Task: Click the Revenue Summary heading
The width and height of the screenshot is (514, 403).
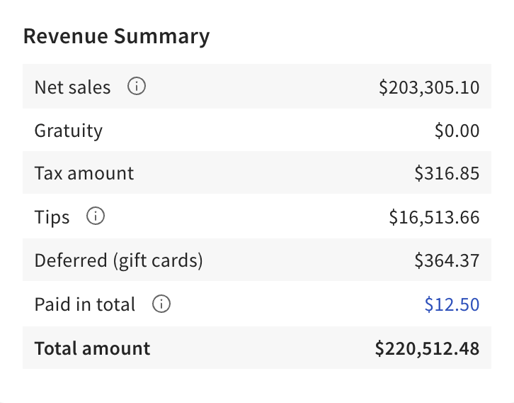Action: click(116, 36)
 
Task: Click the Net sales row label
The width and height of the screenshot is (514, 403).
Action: click(72, 87)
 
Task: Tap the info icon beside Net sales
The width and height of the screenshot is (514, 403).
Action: click(137, 87)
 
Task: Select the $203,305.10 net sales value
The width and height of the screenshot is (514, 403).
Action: click(429, 87)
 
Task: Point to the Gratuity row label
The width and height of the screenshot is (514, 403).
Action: click(68, 131)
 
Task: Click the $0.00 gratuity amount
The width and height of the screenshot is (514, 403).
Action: click(457, 131)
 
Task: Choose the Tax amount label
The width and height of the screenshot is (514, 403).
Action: click(84, 173)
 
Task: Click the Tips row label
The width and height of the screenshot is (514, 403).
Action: click(52, 217)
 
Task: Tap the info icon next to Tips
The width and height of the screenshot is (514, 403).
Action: click(95, 216)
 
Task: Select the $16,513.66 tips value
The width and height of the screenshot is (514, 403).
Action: click(434, 217)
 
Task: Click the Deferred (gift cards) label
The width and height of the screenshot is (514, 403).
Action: click(118, 260)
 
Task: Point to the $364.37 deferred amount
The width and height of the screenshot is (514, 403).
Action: click(447, 260)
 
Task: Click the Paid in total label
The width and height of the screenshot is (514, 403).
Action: click(84, 304)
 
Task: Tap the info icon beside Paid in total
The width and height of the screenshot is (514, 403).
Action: click(161, 304)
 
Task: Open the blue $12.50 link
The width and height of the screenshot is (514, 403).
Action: click(452, 304)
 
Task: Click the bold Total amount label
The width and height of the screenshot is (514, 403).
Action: click(92, 348)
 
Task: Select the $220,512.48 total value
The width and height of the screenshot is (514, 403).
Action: click(427, 348)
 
